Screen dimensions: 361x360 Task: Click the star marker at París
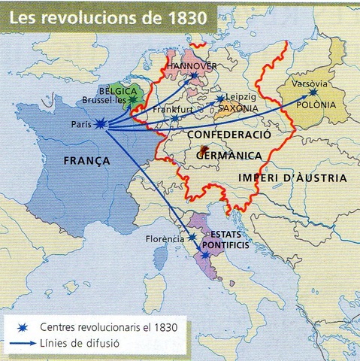pos(101,125)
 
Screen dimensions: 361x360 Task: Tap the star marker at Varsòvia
pos(313,93)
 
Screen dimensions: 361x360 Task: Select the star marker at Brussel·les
pos(133,97)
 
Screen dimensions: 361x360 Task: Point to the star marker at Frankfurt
pos(174,118)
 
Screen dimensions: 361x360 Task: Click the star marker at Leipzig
pos(219,99)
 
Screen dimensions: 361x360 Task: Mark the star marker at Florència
pos(192,237)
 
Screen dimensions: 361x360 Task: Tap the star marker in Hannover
pos(193,75)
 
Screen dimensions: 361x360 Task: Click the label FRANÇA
pos(87,161)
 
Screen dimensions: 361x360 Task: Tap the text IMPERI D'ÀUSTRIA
pos(292,178)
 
